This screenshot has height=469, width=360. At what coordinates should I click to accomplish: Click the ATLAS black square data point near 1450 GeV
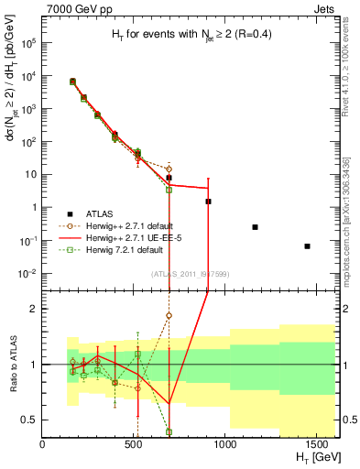[x=308, y=245]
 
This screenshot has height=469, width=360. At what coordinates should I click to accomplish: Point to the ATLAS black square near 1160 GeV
[x=255, y=226]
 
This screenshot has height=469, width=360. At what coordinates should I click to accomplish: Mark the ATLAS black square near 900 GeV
[x=208, y=201]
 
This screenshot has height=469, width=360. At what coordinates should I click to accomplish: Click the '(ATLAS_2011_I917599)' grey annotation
[x=188, y=274]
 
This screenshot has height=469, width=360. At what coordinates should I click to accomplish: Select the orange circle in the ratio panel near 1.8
[x=169, y=315]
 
